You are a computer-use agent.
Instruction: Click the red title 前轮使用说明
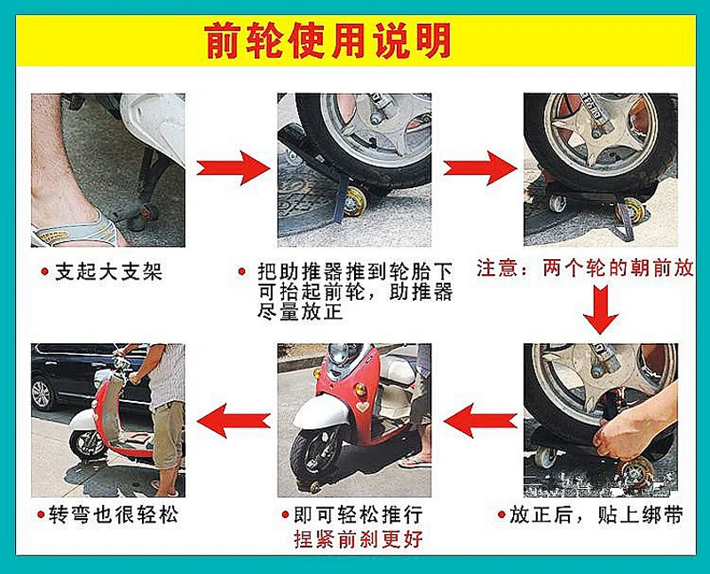(x=327, y=41)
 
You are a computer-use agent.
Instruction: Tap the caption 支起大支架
(x=108, y=272)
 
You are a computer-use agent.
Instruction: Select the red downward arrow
(x=601, y=310)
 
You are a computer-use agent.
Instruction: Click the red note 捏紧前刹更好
(x=359, y=539)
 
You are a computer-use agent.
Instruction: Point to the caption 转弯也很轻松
(x=113, y=515)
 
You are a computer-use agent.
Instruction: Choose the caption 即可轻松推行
(x=359, y=515)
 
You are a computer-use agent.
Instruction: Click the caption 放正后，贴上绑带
(x=596, y=515)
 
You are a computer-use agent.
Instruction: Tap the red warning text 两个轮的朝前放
(x=618, y=268)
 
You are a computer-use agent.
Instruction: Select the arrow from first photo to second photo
(x=233, y=168)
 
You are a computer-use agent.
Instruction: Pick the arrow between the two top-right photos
(x=480, y=168)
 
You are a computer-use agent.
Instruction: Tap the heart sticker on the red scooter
(x=362, y=406)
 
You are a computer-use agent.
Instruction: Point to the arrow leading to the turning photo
(x=233, y=421)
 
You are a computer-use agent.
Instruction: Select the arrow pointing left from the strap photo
(x=480, y=421)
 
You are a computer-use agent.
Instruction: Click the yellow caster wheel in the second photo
(x=355, y=201)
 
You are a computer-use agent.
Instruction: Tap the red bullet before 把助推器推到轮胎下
(x=241, y=271)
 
